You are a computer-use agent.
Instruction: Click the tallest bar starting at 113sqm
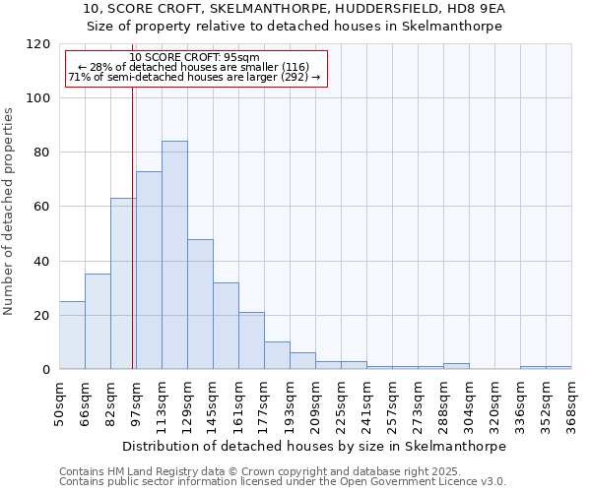pyautogui.click(x=174, y=255)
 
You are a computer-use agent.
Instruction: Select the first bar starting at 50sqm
pyautogui.click(x=72, y=335)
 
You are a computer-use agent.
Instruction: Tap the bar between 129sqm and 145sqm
pyautogui.click(x=200, y=304)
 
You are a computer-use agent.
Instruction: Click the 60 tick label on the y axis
pyautogui.click(x=40, y=207)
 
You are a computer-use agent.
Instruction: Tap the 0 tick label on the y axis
pyautogui.click(x=44, y=370)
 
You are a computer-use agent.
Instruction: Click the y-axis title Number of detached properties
pyautogui.click(x=10, y=212)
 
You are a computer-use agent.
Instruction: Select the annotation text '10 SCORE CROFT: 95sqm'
pyautogui.click(x=194, y=58)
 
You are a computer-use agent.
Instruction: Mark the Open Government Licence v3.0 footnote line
pyautogui.click(x=282, y=482)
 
